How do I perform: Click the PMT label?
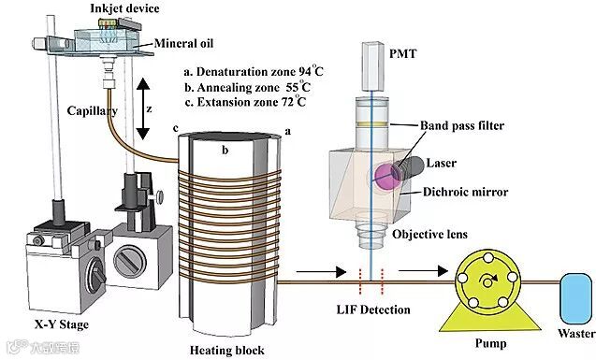(x=402, y=54)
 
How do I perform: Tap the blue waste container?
(x=576, y=299)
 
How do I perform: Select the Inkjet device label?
(x=124, y=8)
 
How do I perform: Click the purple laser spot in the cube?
(x=387, y=177)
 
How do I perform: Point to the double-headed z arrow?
(x=143, y=108)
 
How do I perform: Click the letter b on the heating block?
(x=225, y=150)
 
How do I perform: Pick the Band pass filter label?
(x=462, y=125)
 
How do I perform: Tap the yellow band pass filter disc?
(x=372, y=124)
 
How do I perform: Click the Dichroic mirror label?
(x=466, y=192)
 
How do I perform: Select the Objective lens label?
(x=429, y=235)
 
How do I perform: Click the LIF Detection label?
(x=373, y=310)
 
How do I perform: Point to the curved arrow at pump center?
(x=488, y=281)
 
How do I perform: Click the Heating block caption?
(x=227, y=350)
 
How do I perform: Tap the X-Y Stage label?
(x=61, y=325)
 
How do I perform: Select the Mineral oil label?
(x=184, y=43)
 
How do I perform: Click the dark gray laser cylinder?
(x=408, y=168)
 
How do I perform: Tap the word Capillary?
(x=93, y=111)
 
